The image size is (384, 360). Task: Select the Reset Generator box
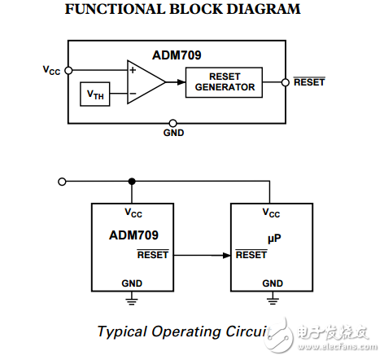[x=225, y=81]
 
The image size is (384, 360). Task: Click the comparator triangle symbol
[x=144, y=81]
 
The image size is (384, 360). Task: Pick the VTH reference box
[x=95, y=94]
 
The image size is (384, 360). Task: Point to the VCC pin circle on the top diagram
[x=68, y=70]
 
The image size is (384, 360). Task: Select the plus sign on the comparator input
[x=132, y=71]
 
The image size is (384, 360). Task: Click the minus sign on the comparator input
[x=132, y=93]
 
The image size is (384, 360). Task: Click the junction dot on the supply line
[x=131, y=181]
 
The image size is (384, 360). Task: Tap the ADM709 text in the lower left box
[x=133, y=235]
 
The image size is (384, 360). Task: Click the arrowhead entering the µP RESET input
[x=225, y=255]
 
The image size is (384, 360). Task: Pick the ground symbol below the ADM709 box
[x=131, y=301]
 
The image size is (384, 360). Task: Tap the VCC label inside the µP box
[x=270, y=213]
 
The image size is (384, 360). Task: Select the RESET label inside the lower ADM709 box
[x=153, y=255]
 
